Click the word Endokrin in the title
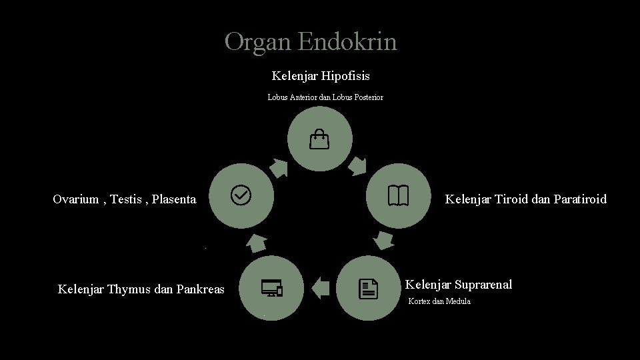(x=347, y=42)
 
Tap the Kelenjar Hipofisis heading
(x=321, y=76)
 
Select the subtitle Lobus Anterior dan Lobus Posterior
(x=325, y=97)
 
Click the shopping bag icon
(x=319, y=140)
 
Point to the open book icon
(x=397, y=195)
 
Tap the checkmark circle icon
(x=241, y=195)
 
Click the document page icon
(x=368, y=289)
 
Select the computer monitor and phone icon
(x=272, y=288)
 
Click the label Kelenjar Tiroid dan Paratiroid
(x=526, y=199)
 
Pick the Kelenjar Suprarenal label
(x=459, y=285)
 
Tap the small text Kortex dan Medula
(x=439, y=301)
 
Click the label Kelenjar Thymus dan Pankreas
(x=141, y=289)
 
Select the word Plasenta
(x=174, y=199)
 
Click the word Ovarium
(x=76, y=199)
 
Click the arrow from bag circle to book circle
(x=359, y=165)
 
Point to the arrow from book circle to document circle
(x=382, y=240)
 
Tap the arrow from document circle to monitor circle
(x=321, y=288)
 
